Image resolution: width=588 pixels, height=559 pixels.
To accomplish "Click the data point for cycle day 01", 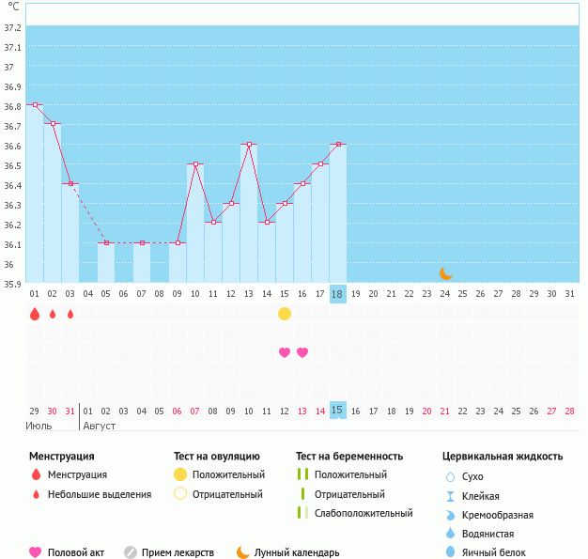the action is [x=36, y=104].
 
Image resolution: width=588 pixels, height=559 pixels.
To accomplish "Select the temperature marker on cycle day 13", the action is [x=249, y=144].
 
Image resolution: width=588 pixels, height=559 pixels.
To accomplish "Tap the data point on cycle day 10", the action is [x=195, y=164].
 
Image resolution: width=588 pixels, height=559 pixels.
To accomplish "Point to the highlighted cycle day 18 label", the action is [x=337, y=294].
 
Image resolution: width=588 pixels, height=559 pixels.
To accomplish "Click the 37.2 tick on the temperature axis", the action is [x=12, y=28].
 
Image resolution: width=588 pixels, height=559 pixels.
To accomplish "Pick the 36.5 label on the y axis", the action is [x=12, y=166].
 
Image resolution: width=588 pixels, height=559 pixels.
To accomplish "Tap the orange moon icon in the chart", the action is [x=445, y=273].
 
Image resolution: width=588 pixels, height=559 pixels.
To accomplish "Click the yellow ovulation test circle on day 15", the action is [x=285, y=314].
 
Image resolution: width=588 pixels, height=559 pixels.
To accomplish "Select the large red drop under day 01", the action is [x=35, y=314].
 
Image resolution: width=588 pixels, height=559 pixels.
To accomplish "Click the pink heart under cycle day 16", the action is [x=302, y=352].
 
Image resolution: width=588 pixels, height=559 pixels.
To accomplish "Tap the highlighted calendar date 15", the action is [x=337, y=410].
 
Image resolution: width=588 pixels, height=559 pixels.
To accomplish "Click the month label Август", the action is [x=99, y=427].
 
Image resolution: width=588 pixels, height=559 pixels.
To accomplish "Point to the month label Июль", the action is [x=39, y=427].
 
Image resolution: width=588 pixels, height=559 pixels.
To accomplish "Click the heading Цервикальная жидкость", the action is [x=503, y=457].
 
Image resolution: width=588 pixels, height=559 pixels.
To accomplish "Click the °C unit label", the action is [x=13, y=7].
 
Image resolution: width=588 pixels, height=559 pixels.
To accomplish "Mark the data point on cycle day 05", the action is [x=106, y=243].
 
